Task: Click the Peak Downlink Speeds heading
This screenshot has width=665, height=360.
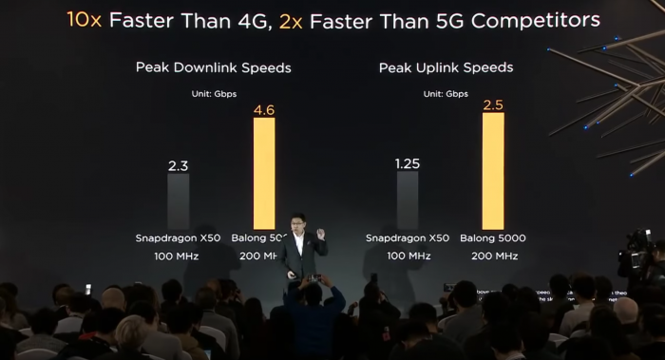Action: (213, 67)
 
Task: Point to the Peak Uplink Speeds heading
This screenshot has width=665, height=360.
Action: (446, 67)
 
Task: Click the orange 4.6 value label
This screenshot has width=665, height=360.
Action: (264, 110)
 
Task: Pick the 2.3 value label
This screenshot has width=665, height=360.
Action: (178, 165)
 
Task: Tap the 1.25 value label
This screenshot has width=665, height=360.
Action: (407, 163)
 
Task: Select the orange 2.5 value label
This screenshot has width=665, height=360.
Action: (493, 104)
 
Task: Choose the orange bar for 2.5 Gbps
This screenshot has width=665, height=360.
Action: (493, 171)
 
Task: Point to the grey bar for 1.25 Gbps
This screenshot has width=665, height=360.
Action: (407, 201)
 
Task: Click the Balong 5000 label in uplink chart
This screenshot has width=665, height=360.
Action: (492, 237)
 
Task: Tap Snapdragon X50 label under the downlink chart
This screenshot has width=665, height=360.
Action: (178, 237)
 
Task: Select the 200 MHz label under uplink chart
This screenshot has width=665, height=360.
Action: (492, 256)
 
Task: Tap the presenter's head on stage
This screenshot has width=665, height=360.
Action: (297, 222)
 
